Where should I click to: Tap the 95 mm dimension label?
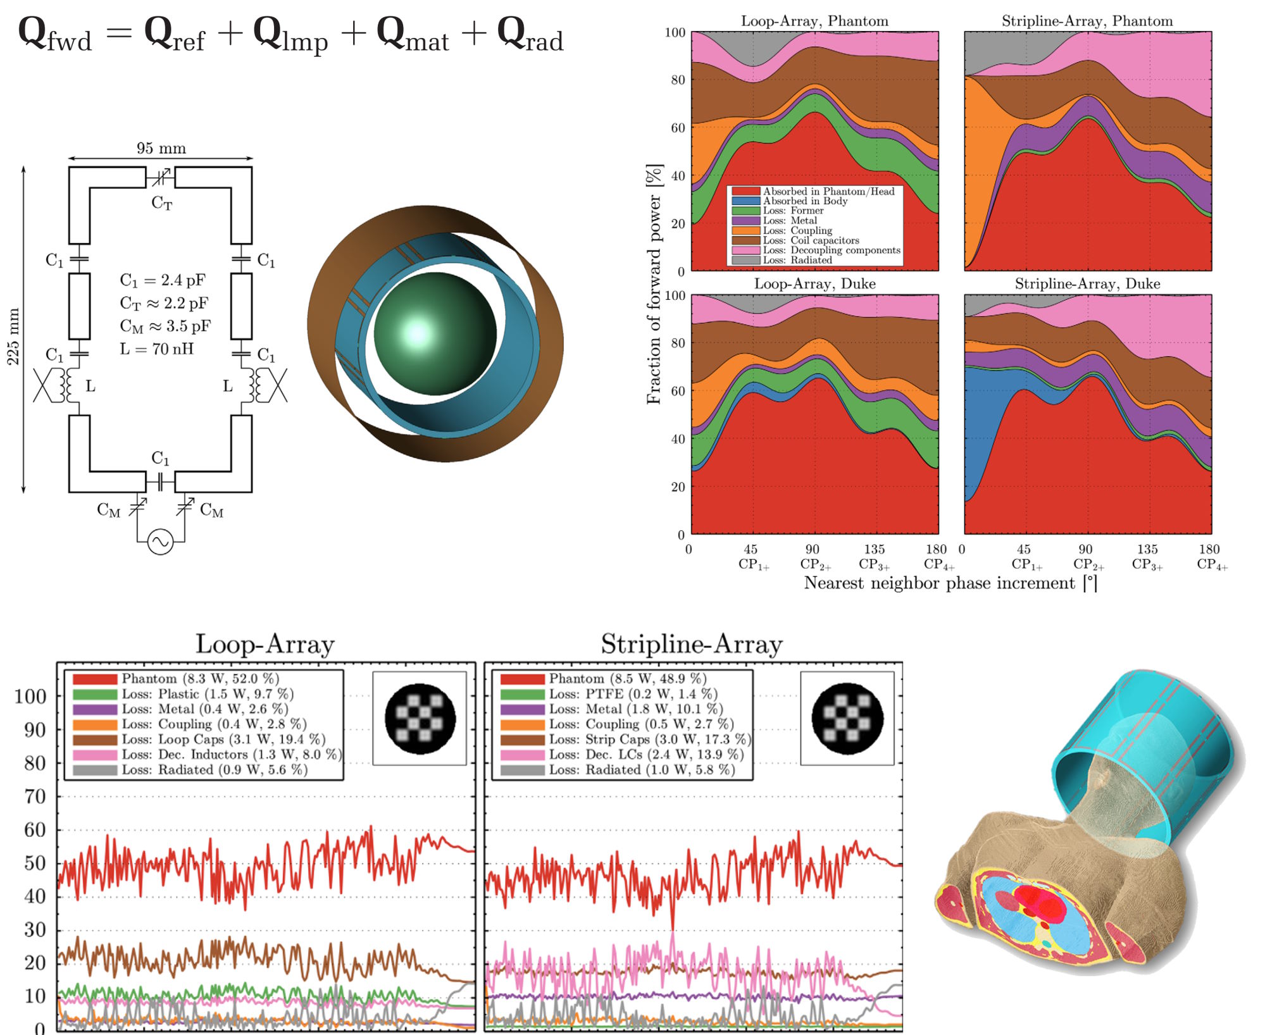click(x=161, y=148)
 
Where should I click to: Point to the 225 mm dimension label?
click(x=13, y=337)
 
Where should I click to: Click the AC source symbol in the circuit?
click(x=160, y=542)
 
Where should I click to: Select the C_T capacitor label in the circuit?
click(x=161, y=202)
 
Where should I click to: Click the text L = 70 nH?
click(x=156, y=349)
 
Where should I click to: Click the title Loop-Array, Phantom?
click(x=814, y=21)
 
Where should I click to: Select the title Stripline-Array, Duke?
click(x=1087, y=283)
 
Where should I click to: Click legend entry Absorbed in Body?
click(x=804, y=201)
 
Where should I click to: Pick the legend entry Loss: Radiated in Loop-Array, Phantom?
click(x=797, y=260)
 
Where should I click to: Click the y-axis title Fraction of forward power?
click(x=654, y=284)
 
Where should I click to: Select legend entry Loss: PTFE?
click(x=633, y=693)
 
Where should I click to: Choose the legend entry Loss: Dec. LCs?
click(x=645, y=754)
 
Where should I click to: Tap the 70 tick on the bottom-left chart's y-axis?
click(x=35, y=796)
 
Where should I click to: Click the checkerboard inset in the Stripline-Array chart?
click(x=847, y=718)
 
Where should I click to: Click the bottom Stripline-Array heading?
click(x=692, y=644)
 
